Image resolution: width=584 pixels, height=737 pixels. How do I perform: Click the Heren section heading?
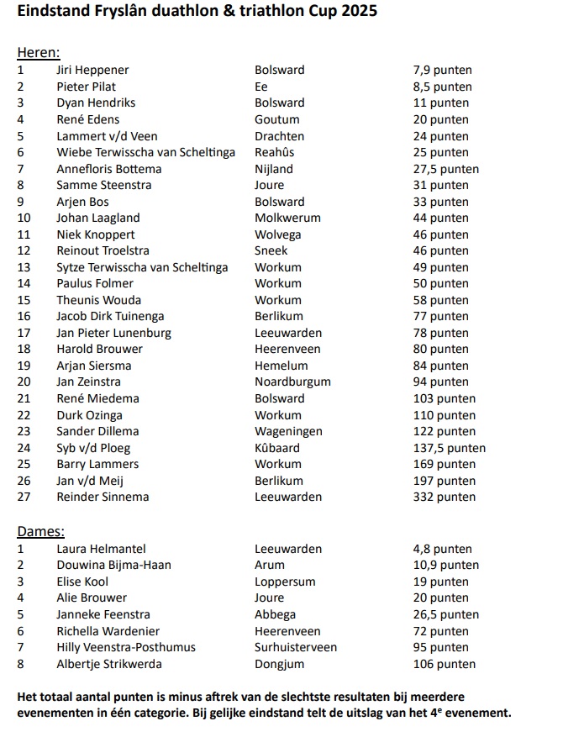[x=38, y=53]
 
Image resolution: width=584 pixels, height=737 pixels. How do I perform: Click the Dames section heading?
[x=40, y=531]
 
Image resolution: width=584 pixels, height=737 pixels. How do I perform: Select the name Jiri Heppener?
[x=92, y=70]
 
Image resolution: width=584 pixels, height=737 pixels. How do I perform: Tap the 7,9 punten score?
[x=442, y=70]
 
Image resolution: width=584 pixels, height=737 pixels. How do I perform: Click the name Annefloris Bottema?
[x=108, y=169]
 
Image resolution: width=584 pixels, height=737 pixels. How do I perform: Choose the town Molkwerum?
[x=287, y=218]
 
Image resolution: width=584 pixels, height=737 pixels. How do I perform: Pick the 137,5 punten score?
[x=449, y=448]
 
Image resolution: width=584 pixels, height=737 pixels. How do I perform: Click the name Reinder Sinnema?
[x=103, y=497]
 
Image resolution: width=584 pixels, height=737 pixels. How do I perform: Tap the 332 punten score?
[x=444, y=497]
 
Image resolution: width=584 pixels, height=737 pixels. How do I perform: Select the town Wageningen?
[x=289, y=431]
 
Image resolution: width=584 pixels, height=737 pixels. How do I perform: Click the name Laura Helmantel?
[x=101, y=549]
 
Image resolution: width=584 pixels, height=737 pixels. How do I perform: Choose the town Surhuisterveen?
[x=295, y=647]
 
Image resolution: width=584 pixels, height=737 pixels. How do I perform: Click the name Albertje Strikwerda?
[x=108, y=664]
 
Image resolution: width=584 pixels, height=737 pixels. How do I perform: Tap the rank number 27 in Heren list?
[x=24, y=497]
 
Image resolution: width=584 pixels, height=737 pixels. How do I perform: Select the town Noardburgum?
[x=292, y=382]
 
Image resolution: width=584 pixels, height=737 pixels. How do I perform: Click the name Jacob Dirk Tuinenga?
[x=110, y=316]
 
